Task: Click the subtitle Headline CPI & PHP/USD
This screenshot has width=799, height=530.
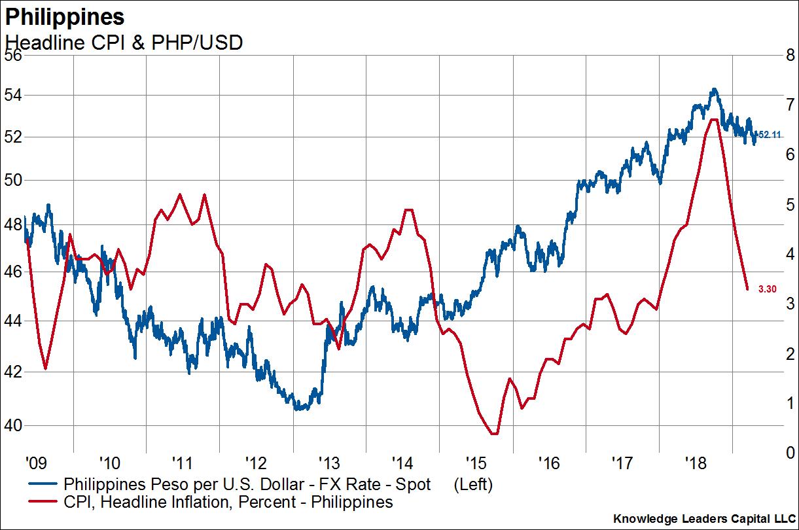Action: point(124,43)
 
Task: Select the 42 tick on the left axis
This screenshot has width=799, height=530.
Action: point(13,372)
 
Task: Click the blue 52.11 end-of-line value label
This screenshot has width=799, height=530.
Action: point(769,135)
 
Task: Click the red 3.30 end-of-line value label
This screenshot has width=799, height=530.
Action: point(767,289)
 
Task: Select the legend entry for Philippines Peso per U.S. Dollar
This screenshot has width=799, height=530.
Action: point(247,485)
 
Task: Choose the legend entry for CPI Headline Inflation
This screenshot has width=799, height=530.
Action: point(228,503)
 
